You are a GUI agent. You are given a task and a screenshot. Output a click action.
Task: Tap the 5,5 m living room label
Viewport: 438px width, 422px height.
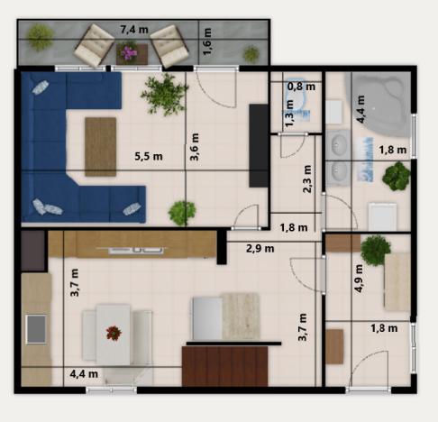pyautogui.click(x=149, y=156)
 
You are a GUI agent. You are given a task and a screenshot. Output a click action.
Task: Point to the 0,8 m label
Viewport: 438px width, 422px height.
pyautogui.click(x=301, y=87)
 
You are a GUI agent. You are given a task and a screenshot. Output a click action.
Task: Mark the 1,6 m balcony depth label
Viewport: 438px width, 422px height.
pyautogui.click(x=207, y=42)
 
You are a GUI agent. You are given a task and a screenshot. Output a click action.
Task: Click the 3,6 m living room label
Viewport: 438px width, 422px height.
pyautogui.click(x=194, y=147)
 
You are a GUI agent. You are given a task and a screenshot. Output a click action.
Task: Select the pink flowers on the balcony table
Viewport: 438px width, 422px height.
pyautogui.click(x=130, y=52)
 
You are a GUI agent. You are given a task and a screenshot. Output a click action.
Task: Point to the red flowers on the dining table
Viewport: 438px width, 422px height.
pyautogui.click(x=114, y=333)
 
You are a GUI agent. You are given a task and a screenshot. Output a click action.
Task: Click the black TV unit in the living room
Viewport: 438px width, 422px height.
pyautogui.click(x=259, y=144)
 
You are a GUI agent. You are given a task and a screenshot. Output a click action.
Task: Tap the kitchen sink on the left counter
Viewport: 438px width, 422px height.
pyautogui.click(x=36, y=329)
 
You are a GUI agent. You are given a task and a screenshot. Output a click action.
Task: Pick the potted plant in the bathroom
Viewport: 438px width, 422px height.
pyautogui.click(x=396, y=176)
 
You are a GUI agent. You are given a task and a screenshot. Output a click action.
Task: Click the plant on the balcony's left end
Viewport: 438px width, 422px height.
pyautogui.click(x=39, y=37)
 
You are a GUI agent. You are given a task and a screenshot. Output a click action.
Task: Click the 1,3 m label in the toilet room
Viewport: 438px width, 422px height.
pyautogui.click(x=289, y=111)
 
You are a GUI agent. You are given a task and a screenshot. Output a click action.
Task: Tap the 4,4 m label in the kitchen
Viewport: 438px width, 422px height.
pyautogui.click(x=84, y=372)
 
